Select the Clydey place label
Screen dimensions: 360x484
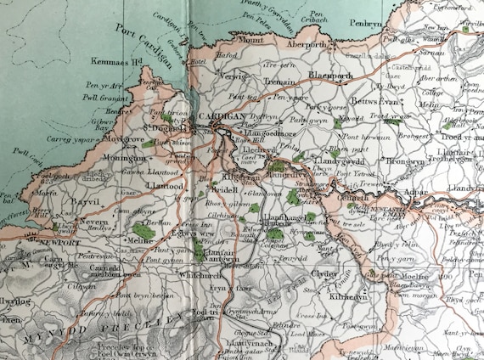324,274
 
